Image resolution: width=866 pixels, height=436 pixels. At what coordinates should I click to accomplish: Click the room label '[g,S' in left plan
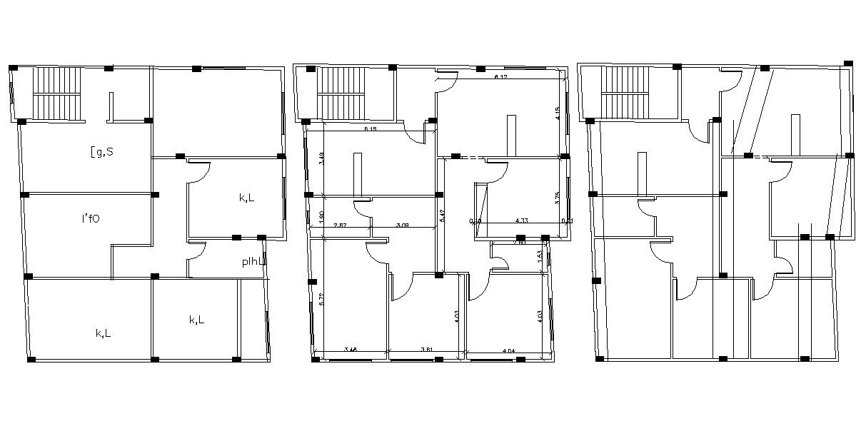coord(101,151)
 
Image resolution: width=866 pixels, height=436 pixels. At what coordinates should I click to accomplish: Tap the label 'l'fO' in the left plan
coord(91,218)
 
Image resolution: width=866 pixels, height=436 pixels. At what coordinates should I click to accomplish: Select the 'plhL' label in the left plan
coord(253,262)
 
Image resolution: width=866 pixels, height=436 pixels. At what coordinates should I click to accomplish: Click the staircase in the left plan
coord(60,93)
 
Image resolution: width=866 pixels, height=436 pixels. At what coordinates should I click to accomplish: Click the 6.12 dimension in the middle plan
coord(501,76)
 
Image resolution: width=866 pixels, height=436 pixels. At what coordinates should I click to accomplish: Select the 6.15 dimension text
coord(370,129)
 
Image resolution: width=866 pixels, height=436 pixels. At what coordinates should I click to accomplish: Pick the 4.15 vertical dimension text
coord(558,113)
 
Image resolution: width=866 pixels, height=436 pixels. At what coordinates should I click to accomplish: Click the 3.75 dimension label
coord(558,198)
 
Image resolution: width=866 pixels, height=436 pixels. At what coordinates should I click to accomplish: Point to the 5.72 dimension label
coord(322,300)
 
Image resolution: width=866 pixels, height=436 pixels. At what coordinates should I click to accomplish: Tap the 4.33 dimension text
coord(521,221)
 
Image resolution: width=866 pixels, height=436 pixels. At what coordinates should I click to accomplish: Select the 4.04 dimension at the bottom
coord(509,350)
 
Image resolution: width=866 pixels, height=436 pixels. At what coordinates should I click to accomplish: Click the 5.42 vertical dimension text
coord(443,216)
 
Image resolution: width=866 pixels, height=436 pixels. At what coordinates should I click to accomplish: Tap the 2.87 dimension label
coord(341,225)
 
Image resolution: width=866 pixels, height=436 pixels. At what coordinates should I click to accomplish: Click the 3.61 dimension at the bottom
coord(427,350)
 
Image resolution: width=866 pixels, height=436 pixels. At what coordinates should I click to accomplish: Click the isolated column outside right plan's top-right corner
coord(847,64)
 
